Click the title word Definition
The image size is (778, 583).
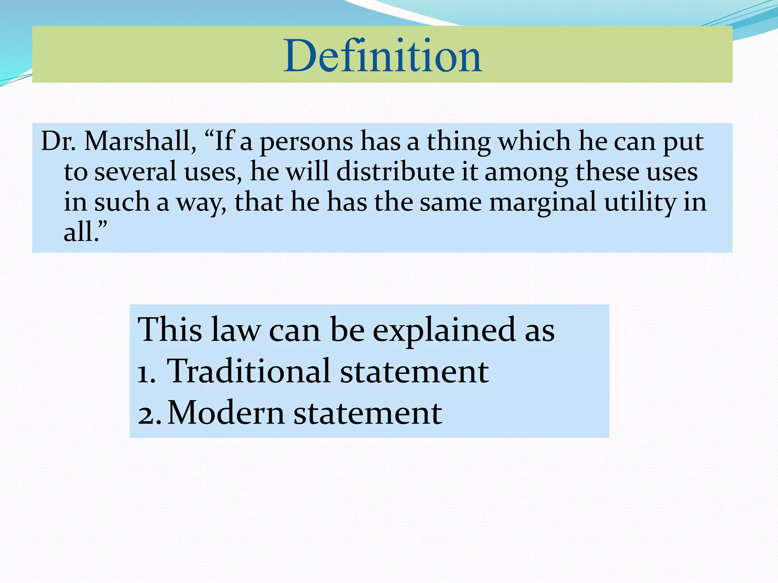pos(383,56)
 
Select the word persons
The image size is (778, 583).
pos(306,142)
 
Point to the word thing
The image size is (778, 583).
pos(459,142)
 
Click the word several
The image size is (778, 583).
pos(135,172)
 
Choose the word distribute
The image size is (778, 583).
pos(395,172)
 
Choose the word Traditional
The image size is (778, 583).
pos(249,371)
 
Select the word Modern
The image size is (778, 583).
pos(226,413)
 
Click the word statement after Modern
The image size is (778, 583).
pos(368,413)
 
